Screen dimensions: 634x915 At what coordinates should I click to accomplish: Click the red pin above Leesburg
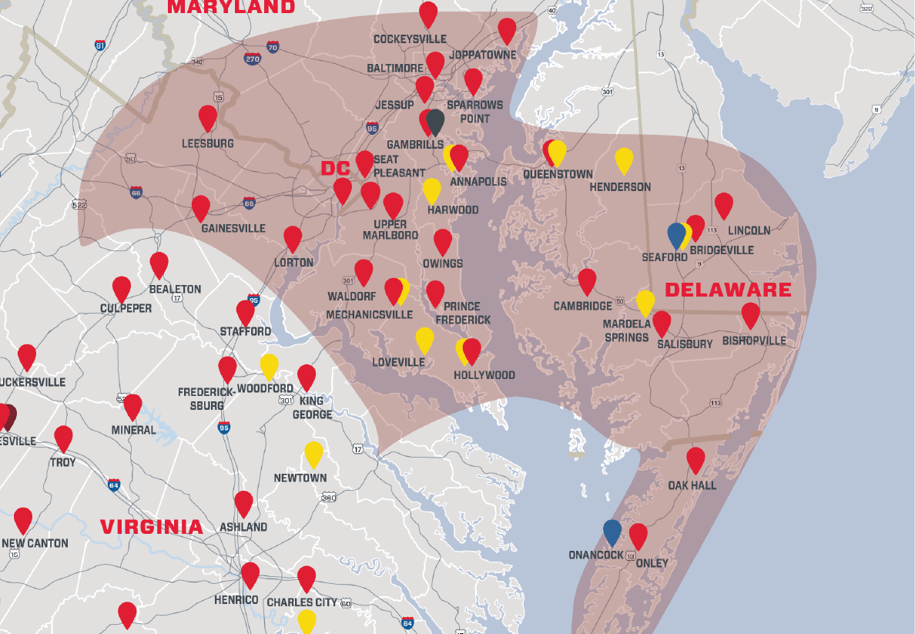[208, 118]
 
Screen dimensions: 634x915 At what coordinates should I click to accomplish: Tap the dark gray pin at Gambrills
[435, 122]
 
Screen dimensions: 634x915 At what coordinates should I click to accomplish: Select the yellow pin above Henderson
[624, 159]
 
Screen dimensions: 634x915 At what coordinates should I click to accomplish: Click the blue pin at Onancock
[612, 532]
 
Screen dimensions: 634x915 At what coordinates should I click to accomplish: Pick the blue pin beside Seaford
[676, 234]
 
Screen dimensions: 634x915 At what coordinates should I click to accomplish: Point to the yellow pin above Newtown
[313, 454]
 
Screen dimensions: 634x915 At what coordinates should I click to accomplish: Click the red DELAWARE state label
[728, 290]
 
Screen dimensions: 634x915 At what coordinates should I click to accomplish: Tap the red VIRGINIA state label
[152, 527]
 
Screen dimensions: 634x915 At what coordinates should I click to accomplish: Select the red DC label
[336, 168]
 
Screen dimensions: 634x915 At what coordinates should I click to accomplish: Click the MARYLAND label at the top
[231, 7]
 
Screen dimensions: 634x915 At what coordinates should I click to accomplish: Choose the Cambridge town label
[583, 306]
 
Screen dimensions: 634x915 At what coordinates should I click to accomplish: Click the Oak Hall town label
[692, 485]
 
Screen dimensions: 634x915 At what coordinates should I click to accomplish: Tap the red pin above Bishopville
[751, 315]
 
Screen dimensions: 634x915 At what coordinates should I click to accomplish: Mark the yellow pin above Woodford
[269, 366]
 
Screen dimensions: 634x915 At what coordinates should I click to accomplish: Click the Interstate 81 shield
[100, 45]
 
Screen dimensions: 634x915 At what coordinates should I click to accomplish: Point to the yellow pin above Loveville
[424, 339]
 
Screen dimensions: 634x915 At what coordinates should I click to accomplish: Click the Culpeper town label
[126, 308]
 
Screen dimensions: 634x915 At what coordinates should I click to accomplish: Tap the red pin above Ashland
[244, 503]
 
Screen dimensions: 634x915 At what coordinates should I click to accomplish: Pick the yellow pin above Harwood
[432, 190]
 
